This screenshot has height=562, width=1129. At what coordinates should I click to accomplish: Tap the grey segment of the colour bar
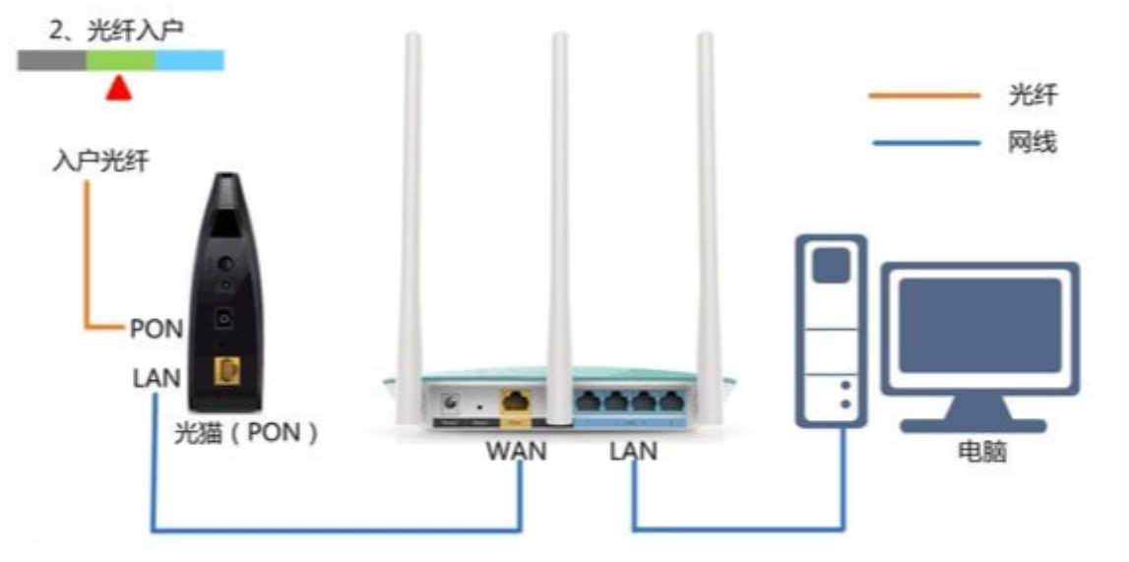(52, 60)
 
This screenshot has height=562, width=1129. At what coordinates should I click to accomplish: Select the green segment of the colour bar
(121, 60)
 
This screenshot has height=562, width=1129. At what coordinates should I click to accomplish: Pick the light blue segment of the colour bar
(189, 60)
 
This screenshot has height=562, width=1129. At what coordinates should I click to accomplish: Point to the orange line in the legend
(924, 95)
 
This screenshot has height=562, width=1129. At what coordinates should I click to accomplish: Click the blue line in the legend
(926, 143)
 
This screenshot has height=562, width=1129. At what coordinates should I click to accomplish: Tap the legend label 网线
(1033, 143)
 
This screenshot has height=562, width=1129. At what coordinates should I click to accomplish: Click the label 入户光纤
(100, 161)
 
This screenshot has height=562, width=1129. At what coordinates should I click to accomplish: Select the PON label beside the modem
(156, 329)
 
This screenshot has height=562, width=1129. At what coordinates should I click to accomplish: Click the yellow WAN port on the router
(516, 401)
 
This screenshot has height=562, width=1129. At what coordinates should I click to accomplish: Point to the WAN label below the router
(516, 451)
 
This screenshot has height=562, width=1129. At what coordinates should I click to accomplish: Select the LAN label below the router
(634, 451)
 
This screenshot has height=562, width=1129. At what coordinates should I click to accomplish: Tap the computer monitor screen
(980, 325)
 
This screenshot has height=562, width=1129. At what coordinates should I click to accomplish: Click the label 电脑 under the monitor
(982, 452)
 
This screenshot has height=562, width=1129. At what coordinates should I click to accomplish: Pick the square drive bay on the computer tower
(830, 265)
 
